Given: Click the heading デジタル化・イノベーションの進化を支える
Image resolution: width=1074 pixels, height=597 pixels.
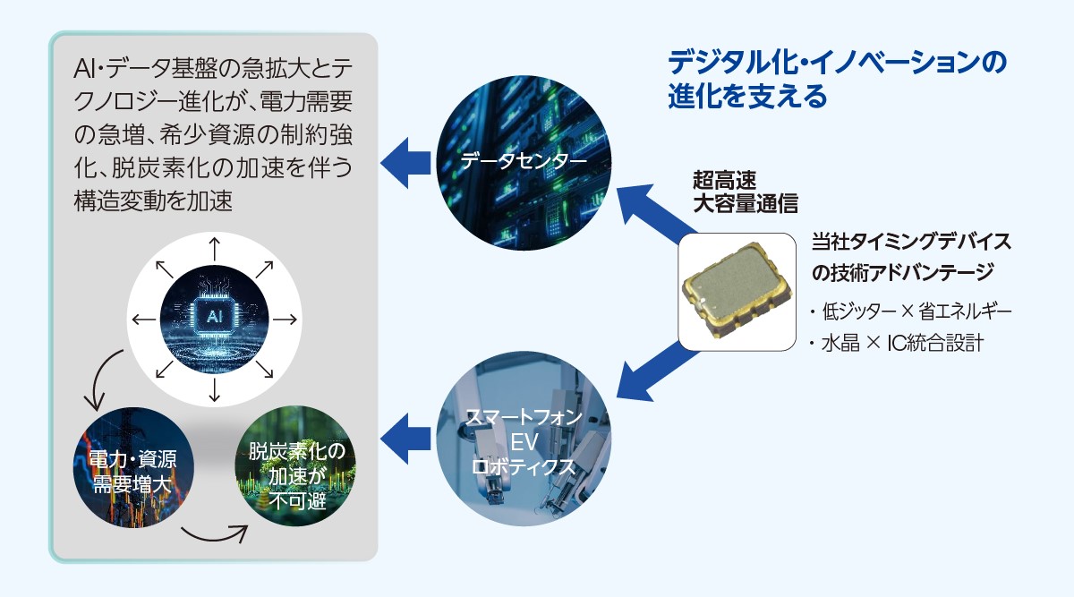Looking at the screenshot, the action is [x=837, y=80].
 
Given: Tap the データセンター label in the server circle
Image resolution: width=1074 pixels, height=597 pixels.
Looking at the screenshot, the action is [x=524, y=160].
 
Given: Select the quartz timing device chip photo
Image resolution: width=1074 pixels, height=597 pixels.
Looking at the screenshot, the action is [x=737, y=291].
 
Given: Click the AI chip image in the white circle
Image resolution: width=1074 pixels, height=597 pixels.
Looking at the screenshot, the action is [x=214, y=319].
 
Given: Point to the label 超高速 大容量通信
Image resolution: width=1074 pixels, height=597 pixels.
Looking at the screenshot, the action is [x=745, y=192].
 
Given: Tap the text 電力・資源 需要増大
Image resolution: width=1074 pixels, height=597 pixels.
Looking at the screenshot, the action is [x=132, y=472].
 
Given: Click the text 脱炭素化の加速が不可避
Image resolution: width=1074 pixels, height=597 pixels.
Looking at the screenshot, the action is [x=297, y=476].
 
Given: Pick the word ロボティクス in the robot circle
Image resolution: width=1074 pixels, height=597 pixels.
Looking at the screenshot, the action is [x=523, y=466].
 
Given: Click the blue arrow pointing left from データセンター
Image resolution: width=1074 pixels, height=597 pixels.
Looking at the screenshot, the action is [x=405, y=163].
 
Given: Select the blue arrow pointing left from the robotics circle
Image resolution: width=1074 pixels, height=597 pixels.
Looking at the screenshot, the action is [x=405, y=439].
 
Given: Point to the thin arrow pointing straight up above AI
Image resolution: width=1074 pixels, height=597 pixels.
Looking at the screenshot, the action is [x=214, y=249].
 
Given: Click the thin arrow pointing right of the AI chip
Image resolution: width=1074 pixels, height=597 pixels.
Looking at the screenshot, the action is [x=285, y=319].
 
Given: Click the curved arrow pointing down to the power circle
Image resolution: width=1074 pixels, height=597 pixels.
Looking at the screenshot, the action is [x=102, y=379].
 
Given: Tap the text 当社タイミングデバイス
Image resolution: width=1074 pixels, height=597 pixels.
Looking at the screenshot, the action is [x=911, y=241].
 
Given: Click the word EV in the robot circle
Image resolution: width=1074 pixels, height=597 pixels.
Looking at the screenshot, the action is [x=524, y=442].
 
